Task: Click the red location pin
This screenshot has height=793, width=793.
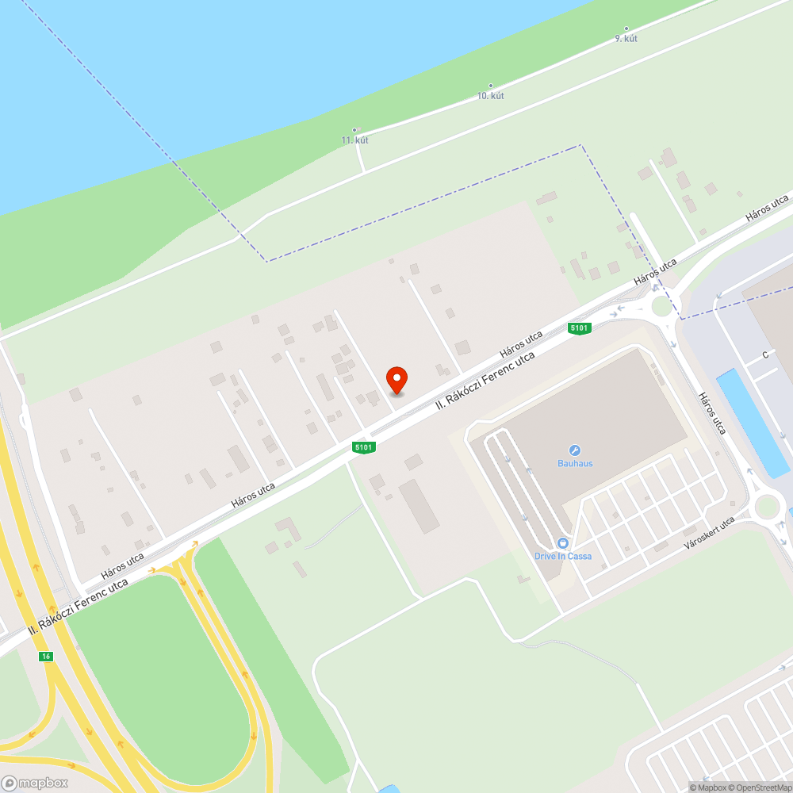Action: pyautogui.click(x=396, y=380)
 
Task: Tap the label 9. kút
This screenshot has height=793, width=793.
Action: pyautogui.click(x=626, y=38)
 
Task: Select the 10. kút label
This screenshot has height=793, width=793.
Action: pyautogui.click(x=490, y=95)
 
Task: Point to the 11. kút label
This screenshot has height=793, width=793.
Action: pyautogui.click(x=354, y=140)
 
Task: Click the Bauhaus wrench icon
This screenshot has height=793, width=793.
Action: pyautogui.click(x=575, y=450)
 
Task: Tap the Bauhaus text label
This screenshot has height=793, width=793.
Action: pyautogui.click(x=575, y=463)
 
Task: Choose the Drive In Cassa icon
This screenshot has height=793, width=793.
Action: pyautogui.click(x=562, y=543)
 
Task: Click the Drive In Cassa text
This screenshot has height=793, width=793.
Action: pyautogui.click(x=562, y=556)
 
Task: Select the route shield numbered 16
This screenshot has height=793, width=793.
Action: pyautogui.click(x=47, y=656)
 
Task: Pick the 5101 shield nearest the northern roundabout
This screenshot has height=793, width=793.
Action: pyautogui.click(x=580, y=328)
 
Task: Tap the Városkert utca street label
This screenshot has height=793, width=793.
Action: pyautogui.click(x=710, y=532)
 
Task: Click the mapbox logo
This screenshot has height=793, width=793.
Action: pyautogui.click(x=35, y=783)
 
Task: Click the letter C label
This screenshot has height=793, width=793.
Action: pyautogui.click(x=766, y=354)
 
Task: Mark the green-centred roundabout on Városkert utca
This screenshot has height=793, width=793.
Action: pyautogui.click(x=768, y=505)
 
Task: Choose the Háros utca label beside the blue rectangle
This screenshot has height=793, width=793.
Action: pyautogui.click(x=712, y=412)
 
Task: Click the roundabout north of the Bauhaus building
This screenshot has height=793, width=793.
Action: pyautogui.click(x=661, y=305)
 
